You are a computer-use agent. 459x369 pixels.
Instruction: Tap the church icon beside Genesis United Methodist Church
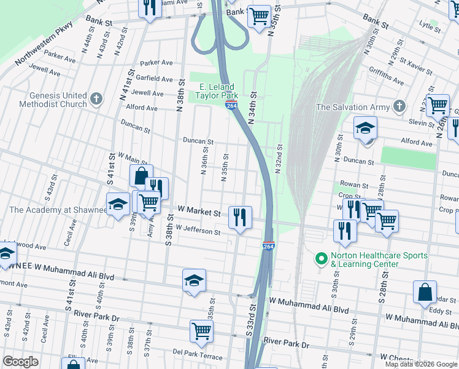96,99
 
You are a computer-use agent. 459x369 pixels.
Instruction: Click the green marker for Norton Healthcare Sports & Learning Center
320,260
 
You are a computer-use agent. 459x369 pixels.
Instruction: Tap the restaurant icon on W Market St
240,216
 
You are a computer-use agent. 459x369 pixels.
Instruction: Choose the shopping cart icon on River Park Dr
201,330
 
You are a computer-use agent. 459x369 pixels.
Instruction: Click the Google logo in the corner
20,361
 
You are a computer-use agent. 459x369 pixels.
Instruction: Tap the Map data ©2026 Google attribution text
421,364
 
